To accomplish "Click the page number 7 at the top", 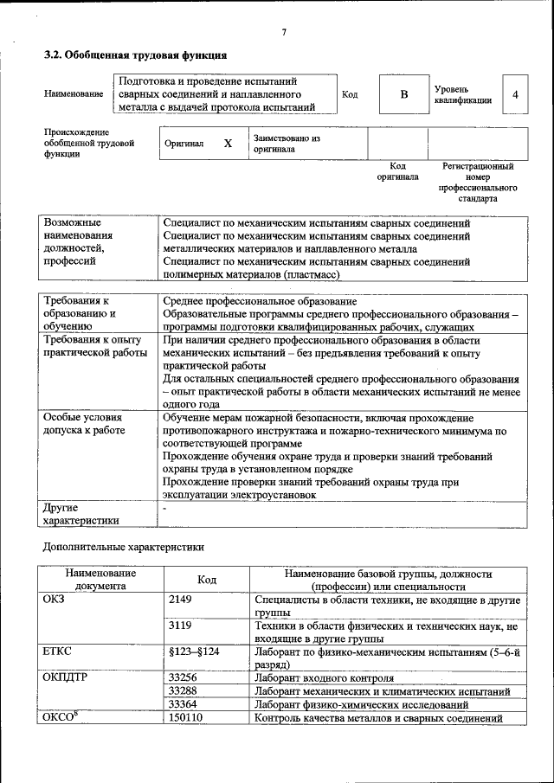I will pos(283,34).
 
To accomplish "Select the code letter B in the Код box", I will pos(403,95).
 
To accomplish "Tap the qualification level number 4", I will pos(516,95).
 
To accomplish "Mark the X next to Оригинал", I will pos(228,144).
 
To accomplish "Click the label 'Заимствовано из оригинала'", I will pos(287,143).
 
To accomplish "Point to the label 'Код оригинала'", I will pos(397,170).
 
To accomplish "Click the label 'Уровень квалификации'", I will pos(463,94).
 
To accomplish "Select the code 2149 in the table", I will pos(180,599).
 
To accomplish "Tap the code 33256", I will pos(183,677).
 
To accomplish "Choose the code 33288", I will pos(183,691).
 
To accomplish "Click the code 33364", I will pos(183,704).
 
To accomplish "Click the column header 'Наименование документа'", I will pos(100,579).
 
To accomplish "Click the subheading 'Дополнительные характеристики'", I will pos(124,547).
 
